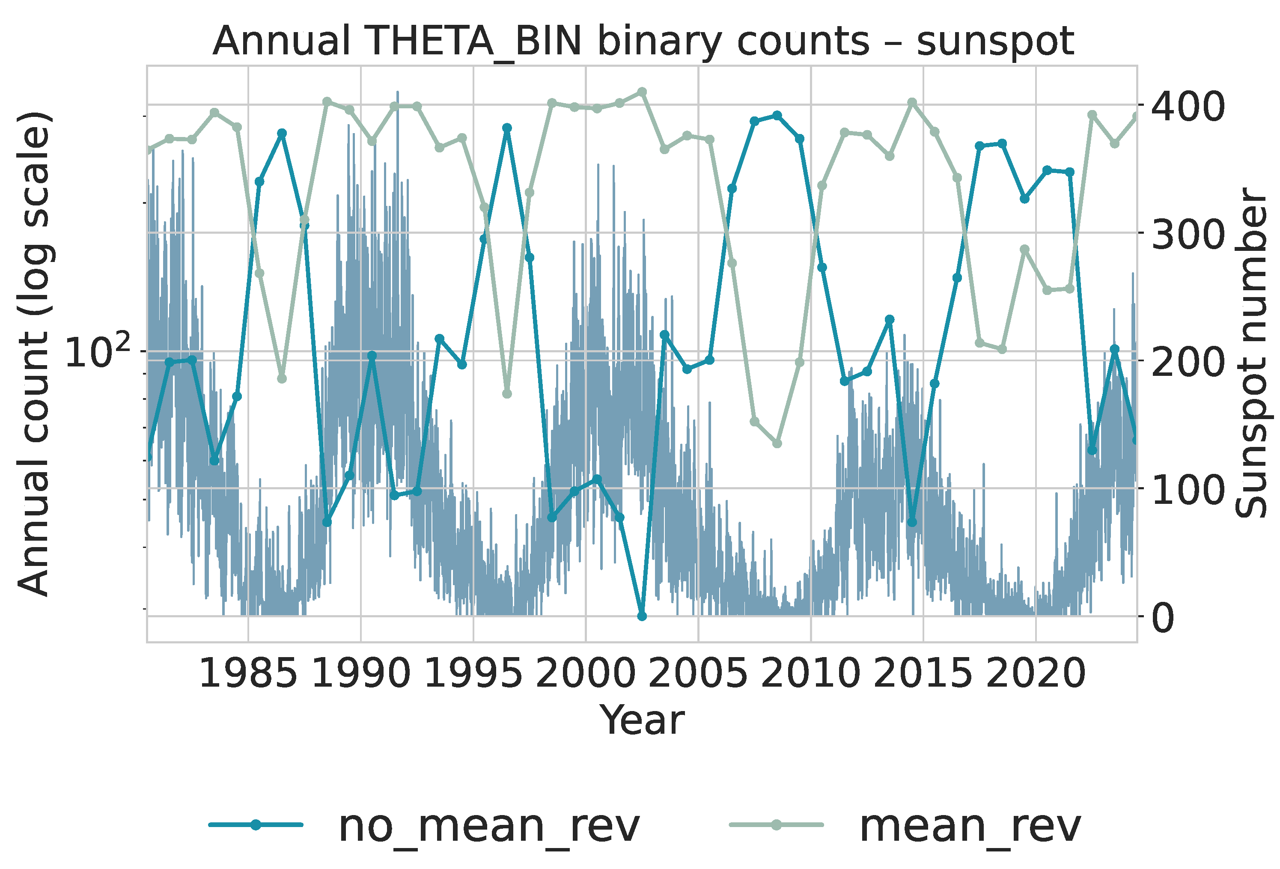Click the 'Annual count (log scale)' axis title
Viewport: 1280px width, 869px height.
tap(34, 354)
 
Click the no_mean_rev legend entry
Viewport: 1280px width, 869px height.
tap(424, 826)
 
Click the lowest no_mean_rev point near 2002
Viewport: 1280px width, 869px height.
tap(642, 616)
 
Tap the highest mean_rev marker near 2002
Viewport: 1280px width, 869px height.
tap(642, 92)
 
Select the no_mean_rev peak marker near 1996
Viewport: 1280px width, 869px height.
tap(507, 128)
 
